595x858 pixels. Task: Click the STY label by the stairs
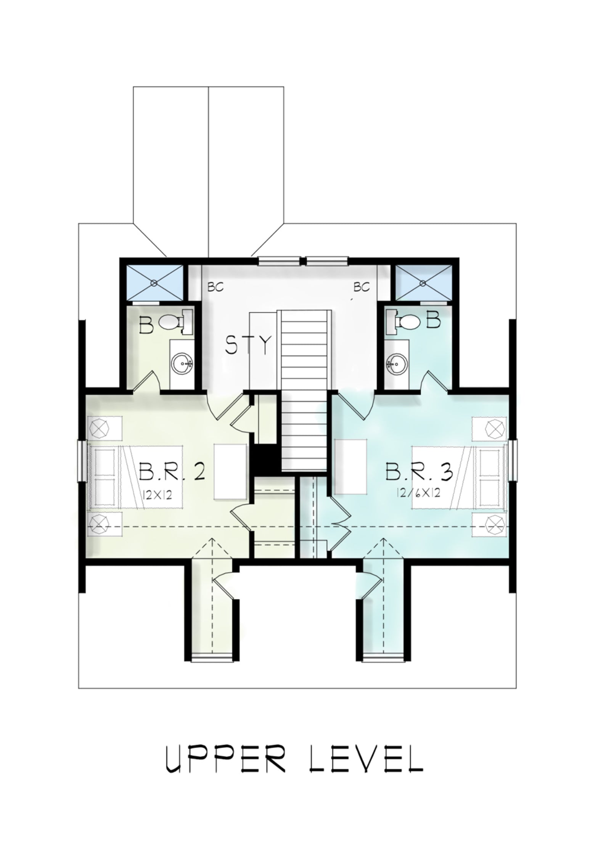tap(248, 345)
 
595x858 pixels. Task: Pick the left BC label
tap(215, 287)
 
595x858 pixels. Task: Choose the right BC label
tap(362, 287)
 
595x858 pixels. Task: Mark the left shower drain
tap(154, 283)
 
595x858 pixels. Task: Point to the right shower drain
tap(423, 283)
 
